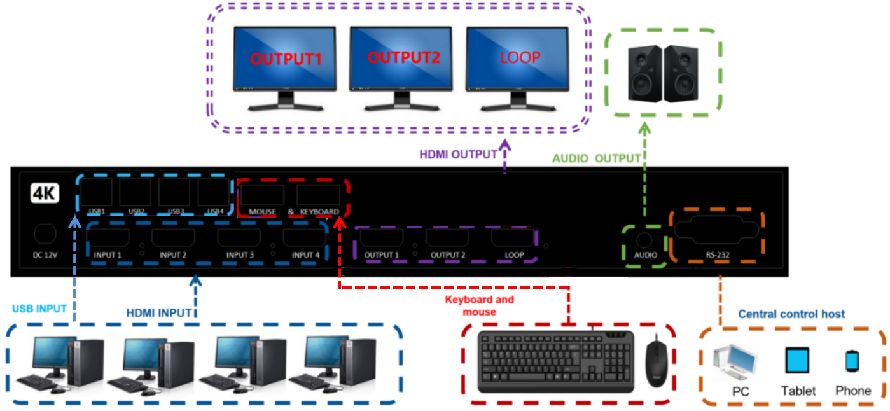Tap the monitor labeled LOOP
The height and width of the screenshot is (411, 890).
tap(517, 59)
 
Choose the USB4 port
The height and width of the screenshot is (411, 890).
tap(213, 192)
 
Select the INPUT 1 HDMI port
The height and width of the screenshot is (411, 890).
tap(108, 239)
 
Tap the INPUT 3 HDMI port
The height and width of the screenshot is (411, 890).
tap(239, 239)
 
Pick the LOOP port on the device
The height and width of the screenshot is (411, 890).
tap(513, 239)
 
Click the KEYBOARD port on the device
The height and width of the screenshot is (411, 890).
tap(319, 195)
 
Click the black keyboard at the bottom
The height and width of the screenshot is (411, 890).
tap(556, 361)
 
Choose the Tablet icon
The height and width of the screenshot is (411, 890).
tap(797, 361)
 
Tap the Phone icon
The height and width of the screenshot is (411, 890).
tap(852, 361)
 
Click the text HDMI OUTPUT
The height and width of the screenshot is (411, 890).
tap(458, 154)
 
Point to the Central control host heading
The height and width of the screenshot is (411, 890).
tap(791, 314)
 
